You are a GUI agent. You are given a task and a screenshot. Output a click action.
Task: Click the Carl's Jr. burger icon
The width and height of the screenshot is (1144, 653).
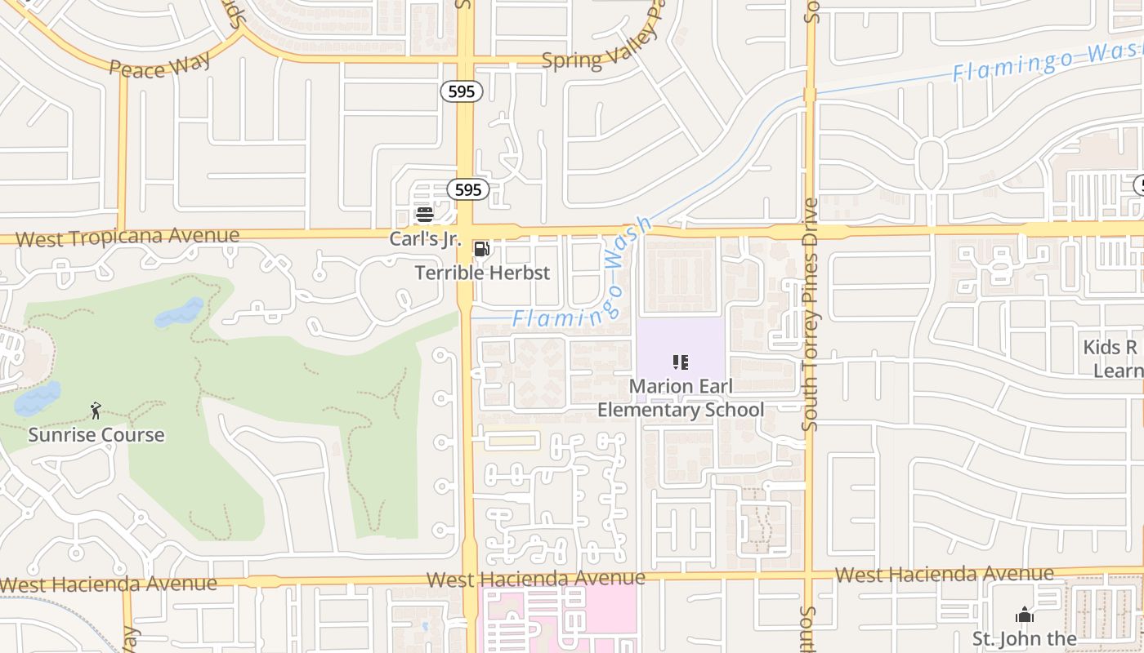pyautogui.click(x=424, y=215)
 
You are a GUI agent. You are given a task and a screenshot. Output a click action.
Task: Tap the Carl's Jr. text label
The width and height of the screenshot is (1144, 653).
pyautogui.click(x=425, y=240)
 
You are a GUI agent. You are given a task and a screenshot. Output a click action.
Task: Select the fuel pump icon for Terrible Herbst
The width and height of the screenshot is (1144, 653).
pyautogui.click(x=482, y=249)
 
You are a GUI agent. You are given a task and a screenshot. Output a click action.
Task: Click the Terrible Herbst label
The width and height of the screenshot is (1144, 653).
pyautogui.click(x=482, y=273)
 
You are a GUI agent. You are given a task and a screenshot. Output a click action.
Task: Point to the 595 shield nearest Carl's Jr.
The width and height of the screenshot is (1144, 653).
pyautogui.click(x=467, y=190)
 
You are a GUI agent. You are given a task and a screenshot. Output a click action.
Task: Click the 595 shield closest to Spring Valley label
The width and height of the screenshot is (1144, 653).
pyautogui.click(x=462, y=91)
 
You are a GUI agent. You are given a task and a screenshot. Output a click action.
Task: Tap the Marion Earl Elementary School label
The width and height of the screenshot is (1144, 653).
pyautogui.click(x=681, y=398)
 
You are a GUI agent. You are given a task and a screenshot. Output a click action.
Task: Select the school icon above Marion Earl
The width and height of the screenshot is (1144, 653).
pyautogui.click(x=680, y=362)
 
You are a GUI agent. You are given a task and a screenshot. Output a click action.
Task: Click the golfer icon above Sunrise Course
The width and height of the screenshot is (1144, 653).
pyautogui.click(x=96, y=411)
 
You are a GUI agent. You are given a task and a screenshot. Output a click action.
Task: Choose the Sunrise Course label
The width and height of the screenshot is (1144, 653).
pyautogui.click(x=96, y=435)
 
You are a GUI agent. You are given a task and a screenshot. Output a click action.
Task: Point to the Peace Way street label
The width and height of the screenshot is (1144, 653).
pyautogui.click(x=160, y=64)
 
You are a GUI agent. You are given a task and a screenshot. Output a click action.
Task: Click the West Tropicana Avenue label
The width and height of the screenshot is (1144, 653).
pyautogui.click(x=127, y=238)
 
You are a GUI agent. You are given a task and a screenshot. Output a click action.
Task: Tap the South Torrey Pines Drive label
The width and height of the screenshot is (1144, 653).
pyautogui.click(x=811, y=314)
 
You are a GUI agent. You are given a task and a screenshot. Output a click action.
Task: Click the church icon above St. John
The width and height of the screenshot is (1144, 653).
pyautogui.click(x=1024, y=615)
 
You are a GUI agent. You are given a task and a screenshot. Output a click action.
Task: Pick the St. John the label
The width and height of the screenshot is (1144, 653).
pyautogui.click(x=1024, y=638)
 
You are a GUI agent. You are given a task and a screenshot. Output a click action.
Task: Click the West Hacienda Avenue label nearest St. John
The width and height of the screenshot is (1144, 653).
pyautogui.click(x=944, y=575)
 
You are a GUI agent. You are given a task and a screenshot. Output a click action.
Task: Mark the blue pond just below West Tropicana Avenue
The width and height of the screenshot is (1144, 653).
pyautogui.click(x=179, y=313)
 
